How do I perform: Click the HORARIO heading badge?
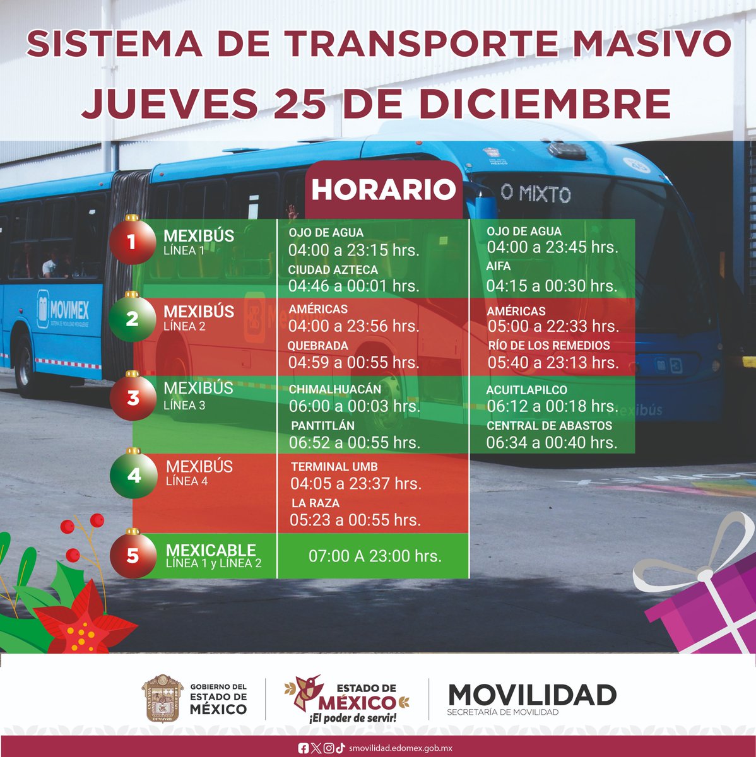[383, 190]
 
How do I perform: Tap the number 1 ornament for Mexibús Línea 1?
[132, 241]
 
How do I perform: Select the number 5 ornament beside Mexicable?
[133, 556]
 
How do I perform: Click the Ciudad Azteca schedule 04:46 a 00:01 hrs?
[353, 286]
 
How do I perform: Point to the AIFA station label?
[498, 266]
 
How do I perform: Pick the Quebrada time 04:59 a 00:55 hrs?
[353, 363]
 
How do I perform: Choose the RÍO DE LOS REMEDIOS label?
[548, 346]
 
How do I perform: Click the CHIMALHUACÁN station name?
[335, 389]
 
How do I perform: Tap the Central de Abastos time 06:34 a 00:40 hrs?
[552, 443]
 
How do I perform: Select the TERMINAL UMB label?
[334, 467]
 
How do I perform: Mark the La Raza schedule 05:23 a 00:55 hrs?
[355, 520]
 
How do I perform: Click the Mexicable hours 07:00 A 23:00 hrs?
[375, 556]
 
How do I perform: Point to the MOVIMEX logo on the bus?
[63, 310]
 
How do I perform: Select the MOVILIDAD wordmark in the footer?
[531, 695]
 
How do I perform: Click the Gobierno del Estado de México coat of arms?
[162, 698]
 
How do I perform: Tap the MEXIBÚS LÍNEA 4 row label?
[199, 473]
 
